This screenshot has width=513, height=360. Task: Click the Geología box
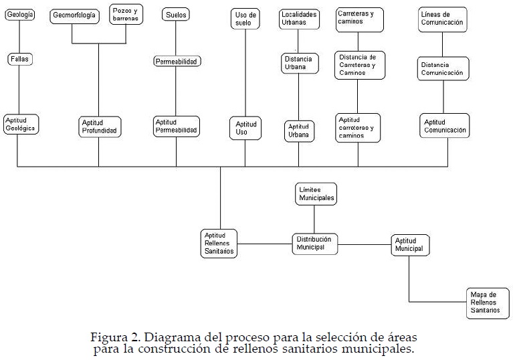point(19,14)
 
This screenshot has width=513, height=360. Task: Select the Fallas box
point(20,60)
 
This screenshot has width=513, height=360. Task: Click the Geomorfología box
point(74,15)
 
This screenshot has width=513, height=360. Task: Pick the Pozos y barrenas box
point(126,15)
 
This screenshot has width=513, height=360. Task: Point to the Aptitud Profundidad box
point(100,126)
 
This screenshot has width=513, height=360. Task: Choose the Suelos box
point(176,14)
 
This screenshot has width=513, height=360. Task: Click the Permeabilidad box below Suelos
point(177,62)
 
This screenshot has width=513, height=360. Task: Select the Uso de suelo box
point(245,18)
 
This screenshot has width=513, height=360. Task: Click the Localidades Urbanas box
point(299,18)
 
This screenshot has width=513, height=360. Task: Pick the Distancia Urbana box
point(298,64)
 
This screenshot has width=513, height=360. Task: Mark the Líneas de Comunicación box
point(442,19)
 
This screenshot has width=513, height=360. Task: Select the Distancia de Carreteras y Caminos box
point(360,65)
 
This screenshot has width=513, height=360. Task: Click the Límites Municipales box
point(316,194)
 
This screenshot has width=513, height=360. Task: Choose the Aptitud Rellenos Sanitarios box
point(219,244)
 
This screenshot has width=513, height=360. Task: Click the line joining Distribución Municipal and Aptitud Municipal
point(365,244)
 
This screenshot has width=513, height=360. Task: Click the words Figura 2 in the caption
point(114,337)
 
